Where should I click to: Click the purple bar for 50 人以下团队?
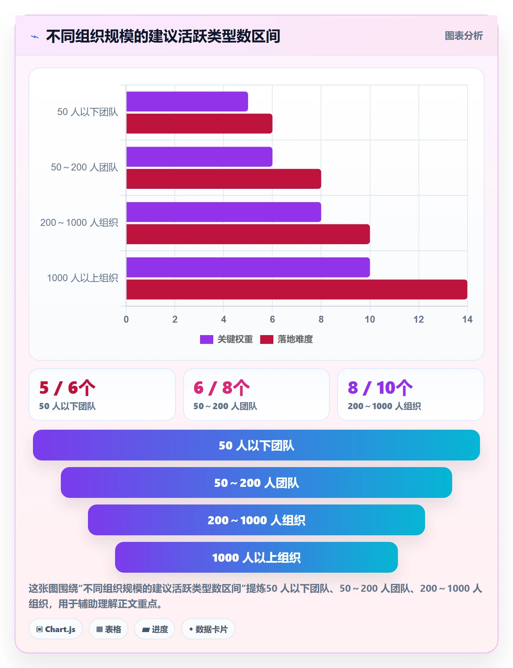click(x=187, y=102)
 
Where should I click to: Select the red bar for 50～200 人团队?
click(x=224, y=179)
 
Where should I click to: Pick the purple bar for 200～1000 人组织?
click(x=224, y=212)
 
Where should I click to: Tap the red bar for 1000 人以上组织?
click(x=297, y=289)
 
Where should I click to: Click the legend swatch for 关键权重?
click(x=206, y=339)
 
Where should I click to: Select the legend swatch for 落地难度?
click(x=267, y=339)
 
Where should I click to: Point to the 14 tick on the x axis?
click(x=467, y=319)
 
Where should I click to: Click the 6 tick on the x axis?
click(x=272, y=319)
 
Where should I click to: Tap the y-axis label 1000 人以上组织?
click(x=82, y=278)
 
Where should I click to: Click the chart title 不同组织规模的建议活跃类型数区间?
click(x=163, y=36)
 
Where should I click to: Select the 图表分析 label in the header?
click(x=464, y=36)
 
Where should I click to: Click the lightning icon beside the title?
click(x=35, y=37)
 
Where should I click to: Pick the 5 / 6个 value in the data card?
click(x=67, y=388)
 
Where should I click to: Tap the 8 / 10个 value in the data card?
click(x=380, y=388)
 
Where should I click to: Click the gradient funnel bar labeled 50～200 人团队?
click(x=256, y=482)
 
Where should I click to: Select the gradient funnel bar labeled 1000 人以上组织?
click(x=256, y=557)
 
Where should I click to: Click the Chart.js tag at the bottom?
click(x=56, y=629)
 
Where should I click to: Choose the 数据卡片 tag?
click(x=208, y=629)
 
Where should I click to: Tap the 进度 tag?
click(x=155, y=629)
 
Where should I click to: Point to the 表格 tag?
click(x=108, y=629)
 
